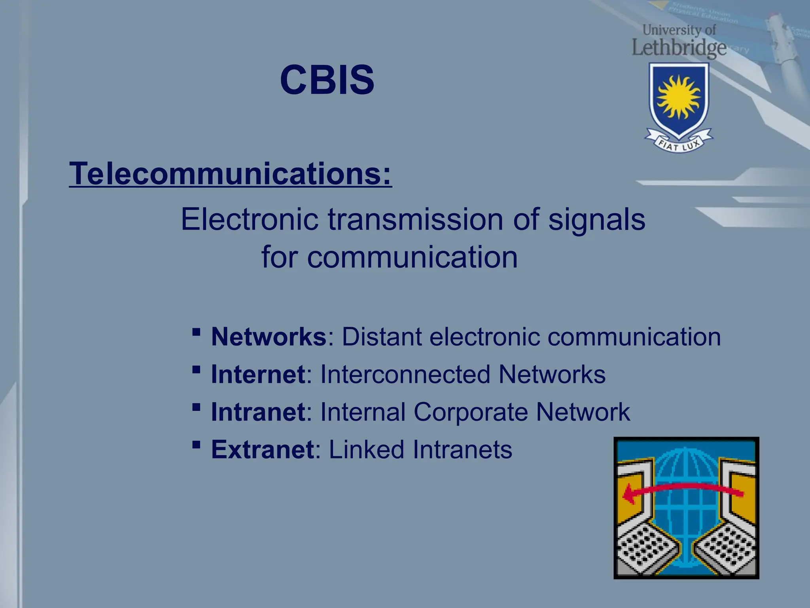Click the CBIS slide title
point(327,80)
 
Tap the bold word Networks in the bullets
point(269,337)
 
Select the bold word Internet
point(258,374)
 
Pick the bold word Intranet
point(258,412)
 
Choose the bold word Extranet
point(262,450)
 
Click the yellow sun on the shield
point(679,97)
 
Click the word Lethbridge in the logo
point(679,47)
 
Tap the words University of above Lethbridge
point(679,30)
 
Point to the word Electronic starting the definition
point(250,220)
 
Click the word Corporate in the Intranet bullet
point(470,412)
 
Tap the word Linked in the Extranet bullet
point(366,450)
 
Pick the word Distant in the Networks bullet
point(382,337)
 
